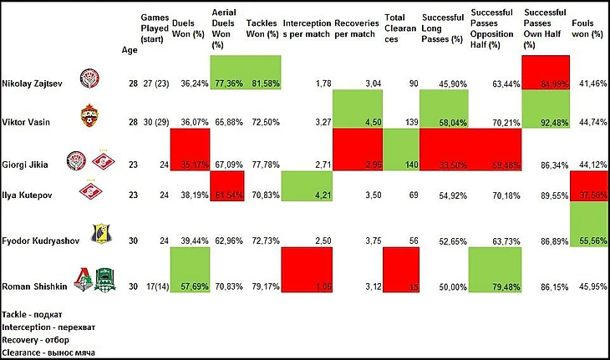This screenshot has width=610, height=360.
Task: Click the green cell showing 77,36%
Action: tap(226, 82)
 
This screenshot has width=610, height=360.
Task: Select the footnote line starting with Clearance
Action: tap(48, 352)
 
